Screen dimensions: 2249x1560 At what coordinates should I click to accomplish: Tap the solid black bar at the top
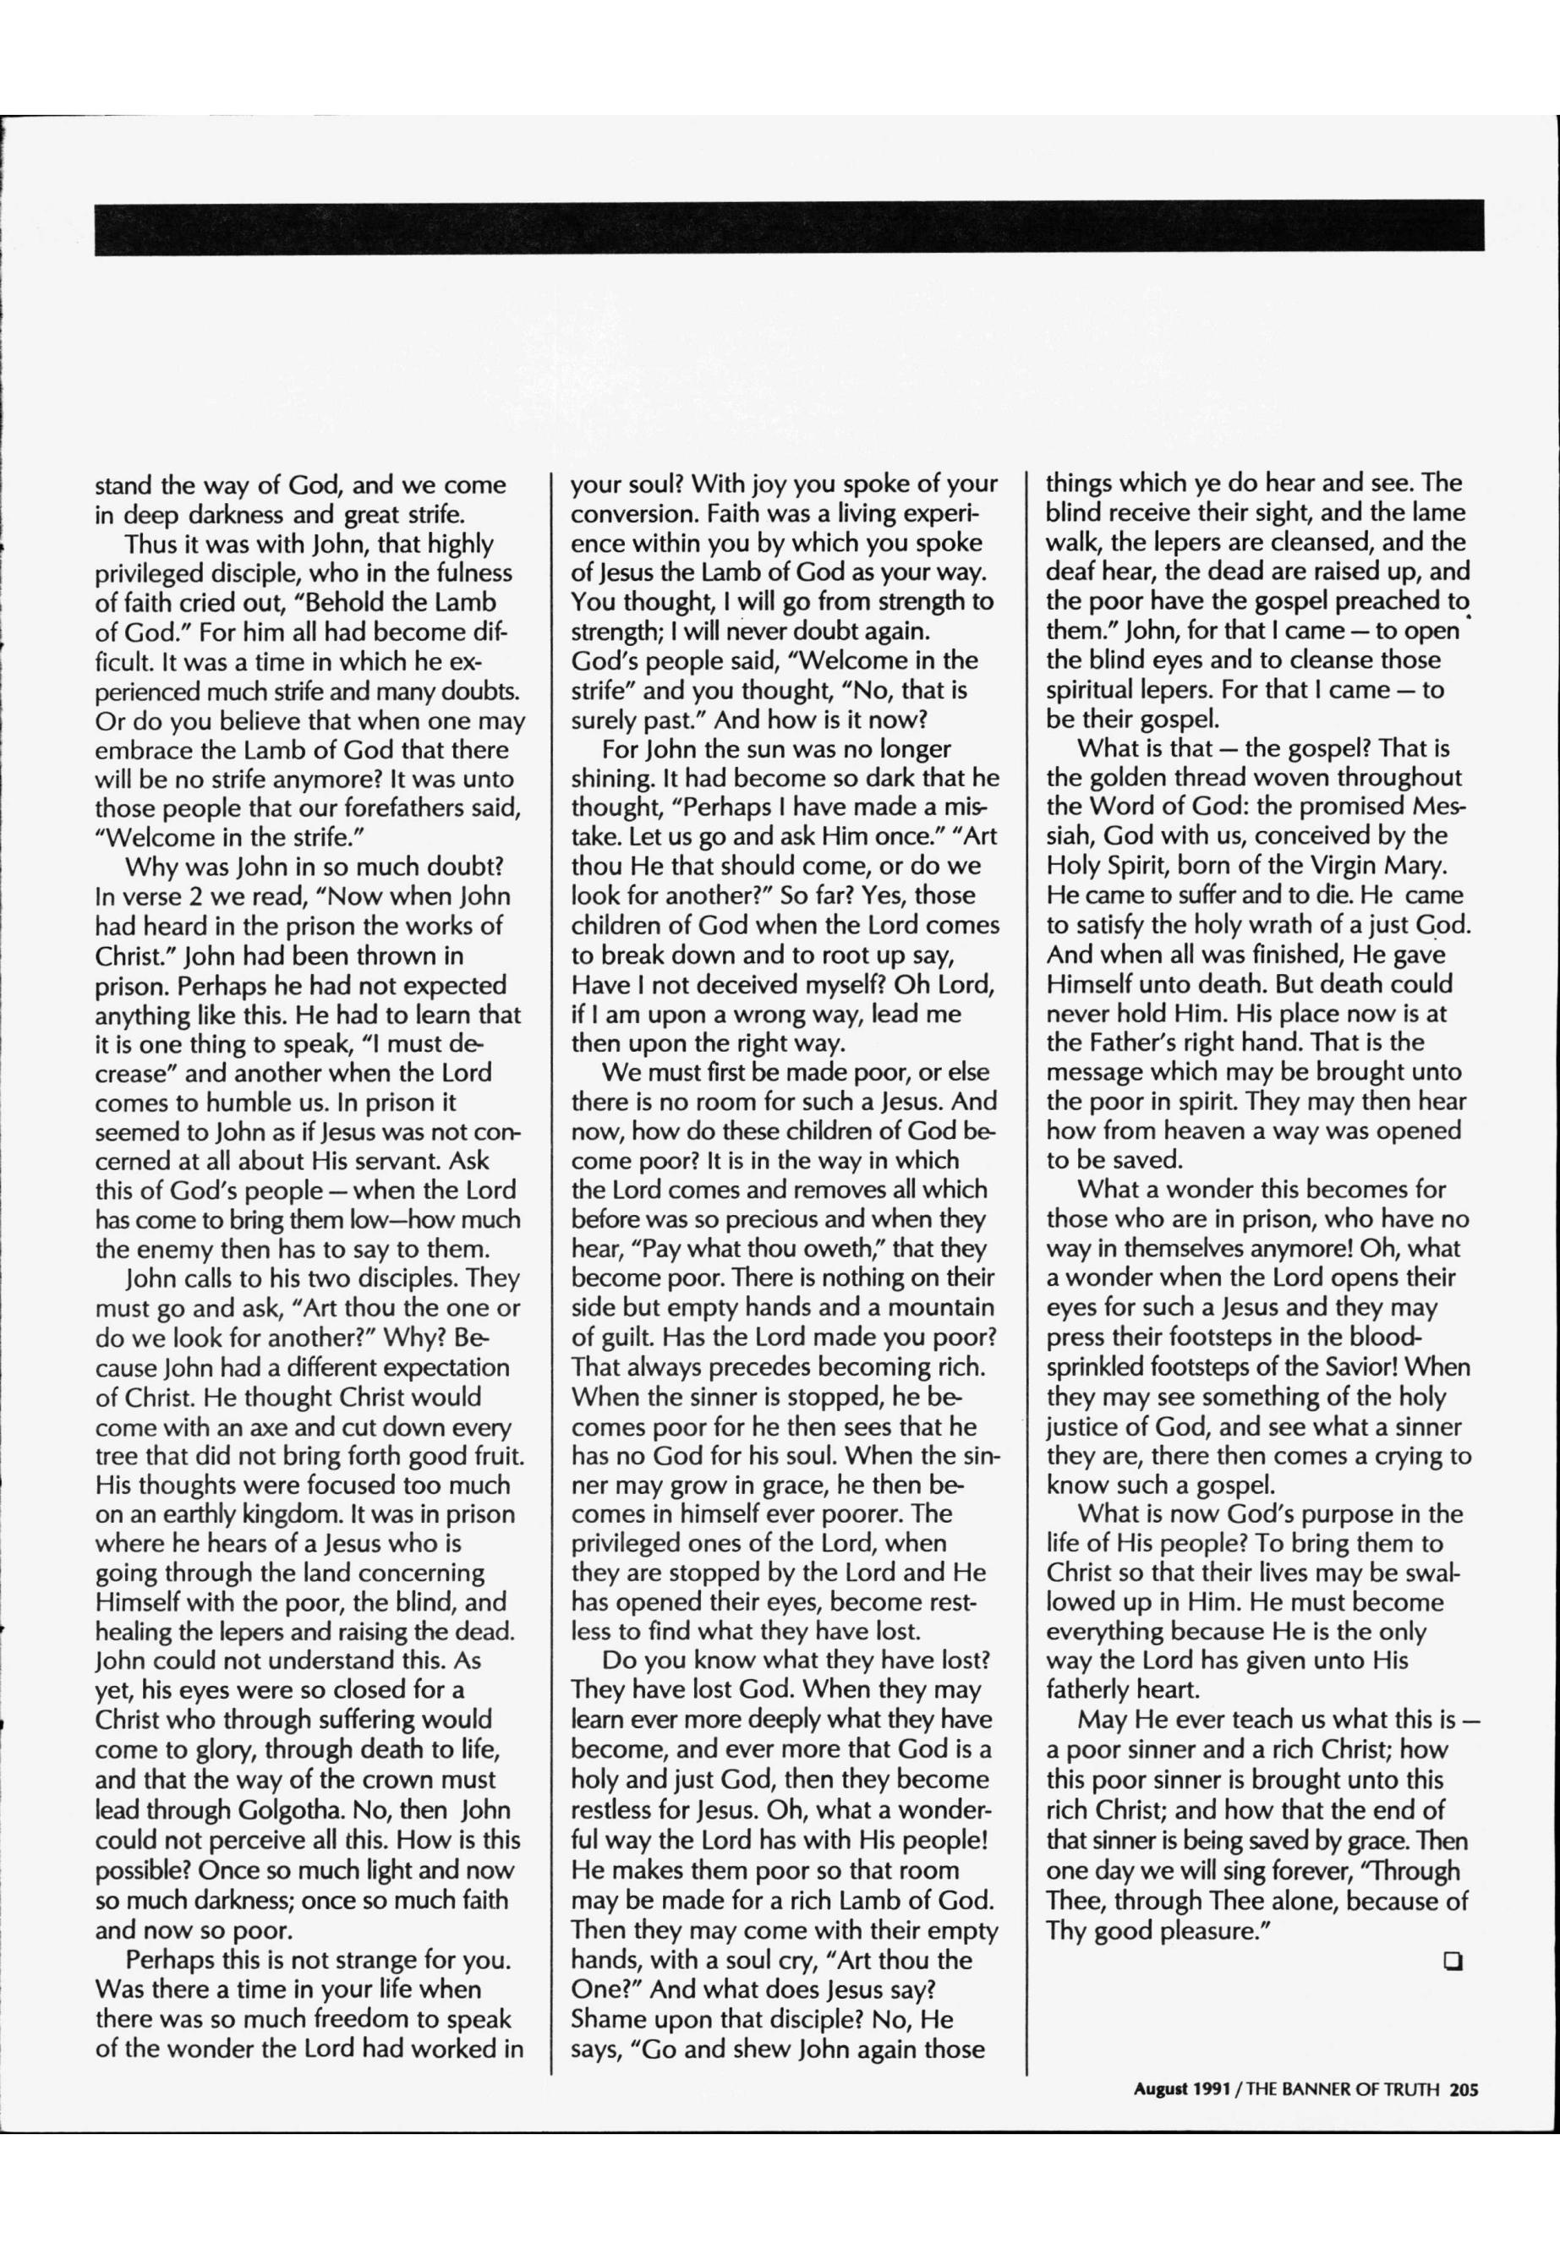tap(789, 227)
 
